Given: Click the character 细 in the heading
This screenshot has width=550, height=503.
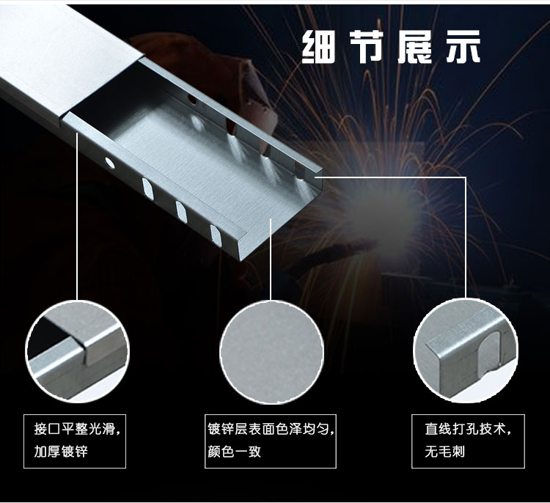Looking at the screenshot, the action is point(319,47).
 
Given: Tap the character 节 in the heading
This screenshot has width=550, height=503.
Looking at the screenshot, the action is point(367,47).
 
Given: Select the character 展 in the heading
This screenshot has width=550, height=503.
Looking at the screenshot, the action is point(414,47).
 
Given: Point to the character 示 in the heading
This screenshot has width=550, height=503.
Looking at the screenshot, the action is point(463,47).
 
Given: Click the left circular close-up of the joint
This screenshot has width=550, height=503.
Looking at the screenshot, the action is point(78,351).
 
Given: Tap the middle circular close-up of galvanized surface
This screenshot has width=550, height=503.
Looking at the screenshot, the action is point(271,352).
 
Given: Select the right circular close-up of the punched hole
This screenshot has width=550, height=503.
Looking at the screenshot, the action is point(466,351).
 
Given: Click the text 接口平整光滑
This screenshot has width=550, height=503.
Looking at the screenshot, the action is point(74,429).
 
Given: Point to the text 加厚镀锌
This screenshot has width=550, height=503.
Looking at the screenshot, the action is point(61,452).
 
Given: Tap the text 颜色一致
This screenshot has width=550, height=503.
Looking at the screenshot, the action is point(235,452).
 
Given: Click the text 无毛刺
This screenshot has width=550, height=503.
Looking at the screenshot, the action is point(445,452).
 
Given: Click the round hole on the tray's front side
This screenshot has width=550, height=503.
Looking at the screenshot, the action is point(109,163).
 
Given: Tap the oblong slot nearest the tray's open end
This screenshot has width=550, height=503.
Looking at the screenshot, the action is point(216,235).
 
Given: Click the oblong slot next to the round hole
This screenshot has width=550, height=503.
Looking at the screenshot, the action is point(148,188).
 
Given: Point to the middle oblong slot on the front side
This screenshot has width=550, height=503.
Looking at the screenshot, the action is point(181,212).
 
